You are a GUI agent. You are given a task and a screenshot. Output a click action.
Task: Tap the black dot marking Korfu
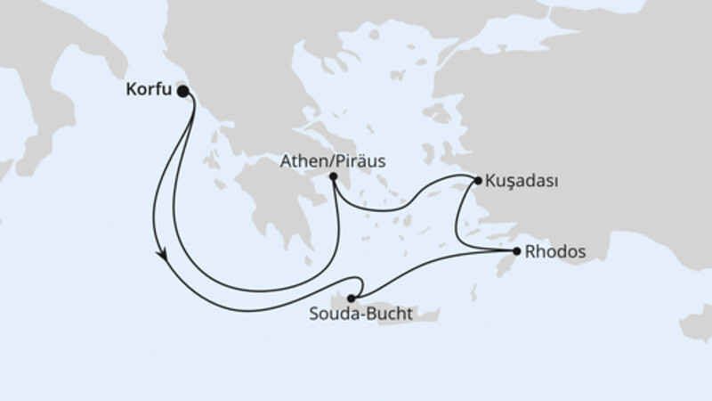pos(183,91)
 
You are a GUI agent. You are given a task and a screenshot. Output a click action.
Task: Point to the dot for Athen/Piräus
pos(332,177)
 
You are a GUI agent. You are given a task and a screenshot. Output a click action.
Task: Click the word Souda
pos(331,315)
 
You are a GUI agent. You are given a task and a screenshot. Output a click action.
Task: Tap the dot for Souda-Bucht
pos(352,298)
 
